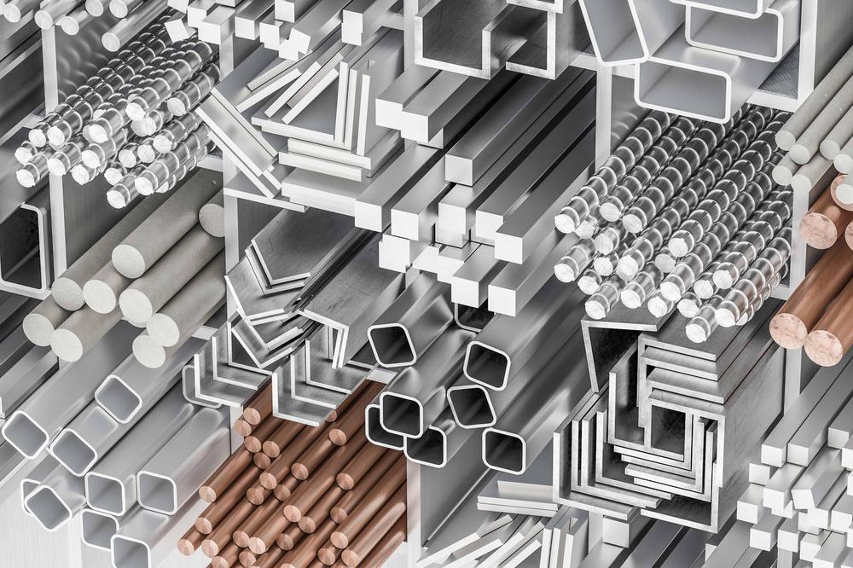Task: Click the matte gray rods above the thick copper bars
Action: (x=815, y=128)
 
